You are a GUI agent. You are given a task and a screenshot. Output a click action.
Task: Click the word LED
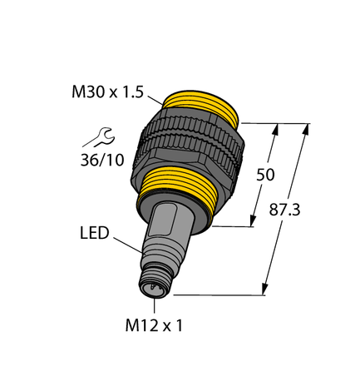coord(94,234)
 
